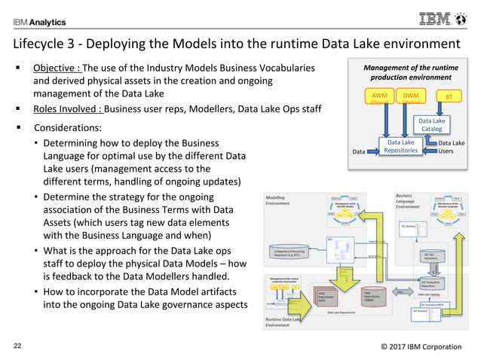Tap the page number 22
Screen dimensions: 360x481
point(17,346)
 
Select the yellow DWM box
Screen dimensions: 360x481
point(411,97)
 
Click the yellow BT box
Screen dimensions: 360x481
point(450,97)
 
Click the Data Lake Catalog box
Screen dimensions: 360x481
point(431,124)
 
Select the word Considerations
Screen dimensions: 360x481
point(69,128)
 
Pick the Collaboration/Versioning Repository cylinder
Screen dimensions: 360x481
point(290,253)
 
